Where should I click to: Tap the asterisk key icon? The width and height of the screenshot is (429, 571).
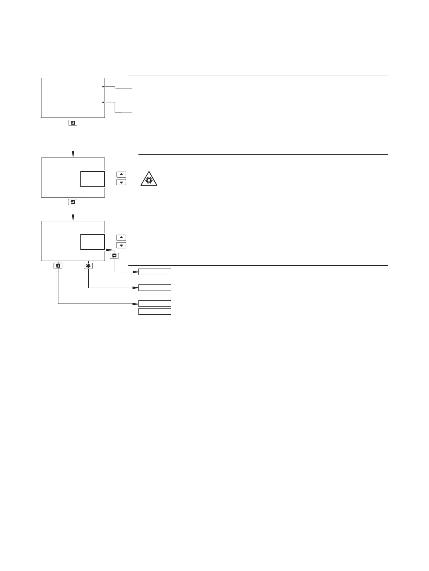pyautogui.click(x=88, y=266)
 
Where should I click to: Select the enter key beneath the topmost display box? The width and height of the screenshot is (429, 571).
pyautogui.click(x=73, y=123)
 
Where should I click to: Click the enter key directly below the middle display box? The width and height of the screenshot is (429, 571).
pyautogui.click(x=73, y=202)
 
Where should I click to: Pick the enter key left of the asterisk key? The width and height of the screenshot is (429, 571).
pyautogui.click(x=58, y=266)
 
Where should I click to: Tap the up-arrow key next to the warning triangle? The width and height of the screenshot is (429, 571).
pyautogui.click(x=121, y=174)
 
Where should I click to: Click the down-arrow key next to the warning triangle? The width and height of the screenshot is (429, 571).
pyautogui.click(x=121, y=182)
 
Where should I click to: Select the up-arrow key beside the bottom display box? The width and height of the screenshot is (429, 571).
pyautogui.click(x=121, y=238)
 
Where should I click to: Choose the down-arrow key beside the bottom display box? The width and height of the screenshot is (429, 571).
pyautogui.click(x=121, y=245)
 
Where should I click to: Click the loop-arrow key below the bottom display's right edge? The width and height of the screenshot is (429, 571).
pyautogui.click(x=114, y=255)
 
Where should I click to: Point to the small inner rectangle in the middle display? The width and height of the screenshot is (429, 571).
pyautogui.click(x=92, y=179)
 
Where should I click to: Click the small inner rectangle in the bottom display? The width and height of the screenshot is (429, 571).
pyautogui.click(x=92, y=242)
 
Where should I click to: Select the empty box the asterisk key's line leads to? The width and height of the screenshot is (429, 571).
pyautogui.click(x=155, y=288)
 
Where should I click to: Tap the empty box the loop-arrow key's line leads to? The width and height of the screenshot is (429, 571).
pyautogui.click(x=155, y=272)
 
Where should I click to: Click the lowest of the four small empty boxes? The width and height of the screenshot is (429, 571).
pyautogui.click(x=155, y=311)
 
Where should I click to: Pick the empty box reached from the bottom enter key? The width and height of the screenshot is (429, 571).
pyautogui.click(x=155, y=304)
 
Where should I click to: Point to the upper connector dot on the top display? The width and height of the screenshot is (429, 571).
pyautogui.click(x=103, y=87)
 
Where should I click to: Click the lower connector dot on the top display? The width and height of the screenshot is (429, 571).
pyautogui.click(x=103, y=102)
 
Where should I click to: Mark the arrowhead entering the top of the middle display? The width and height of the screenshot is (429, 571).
pyautogui.click(x=73, y=155)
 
